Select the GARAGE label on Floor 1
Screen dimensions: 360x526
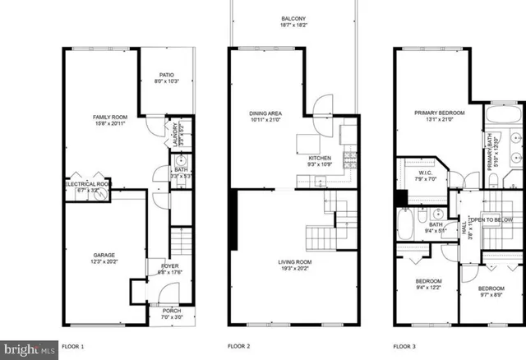(104, 257)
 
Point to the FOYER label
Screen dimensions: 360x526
(169, 265)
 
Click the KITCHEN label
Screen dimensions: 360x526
(320, 158)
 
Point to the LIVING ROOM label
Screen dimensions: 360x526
(293, 261)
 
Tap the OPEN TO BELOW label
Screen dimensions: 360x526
(491, 220)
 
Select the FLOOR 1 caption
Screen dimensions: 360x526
(73, 347)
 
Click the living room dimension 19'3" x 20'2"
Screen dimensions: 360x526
(293, 269)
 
